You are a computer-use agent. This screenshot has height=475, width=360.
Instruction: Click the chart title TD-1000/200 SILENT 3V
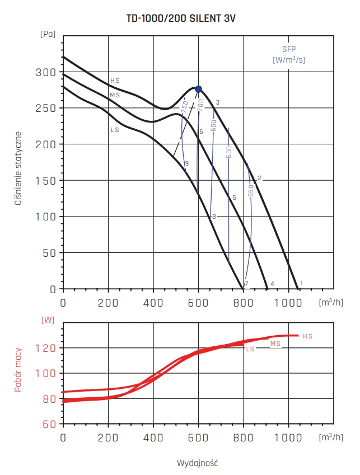click(181, 18)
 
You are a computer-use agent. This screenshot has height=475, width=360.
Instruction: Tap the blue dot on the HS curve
click(198, 89)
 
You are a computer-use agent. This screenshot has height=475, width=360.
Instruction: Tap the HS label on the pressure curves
click(115, 81)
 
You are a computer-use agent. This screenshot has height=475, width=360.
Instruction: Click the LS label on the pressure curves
click(115, 130)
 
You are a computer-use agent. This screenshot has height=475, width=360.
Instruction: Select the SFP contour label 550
click(251, 190)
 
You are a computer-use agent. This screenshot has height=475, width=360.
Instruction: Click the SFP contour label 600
click(229, 153)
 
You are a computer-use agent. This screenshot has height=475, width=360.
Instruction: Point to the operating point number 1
click(301, 283)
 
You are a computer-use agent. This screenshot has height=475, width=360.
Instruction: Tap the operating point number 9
click(186, 163)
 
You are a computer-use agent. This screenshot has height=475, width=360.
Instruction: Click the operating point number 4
click(272, 284)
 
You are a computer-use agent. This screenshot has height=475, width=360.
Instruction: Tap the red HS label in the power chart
click(307, 336)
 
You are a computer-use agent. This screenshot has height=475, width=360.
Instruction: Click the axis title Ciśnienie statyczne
click(18, 168)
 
